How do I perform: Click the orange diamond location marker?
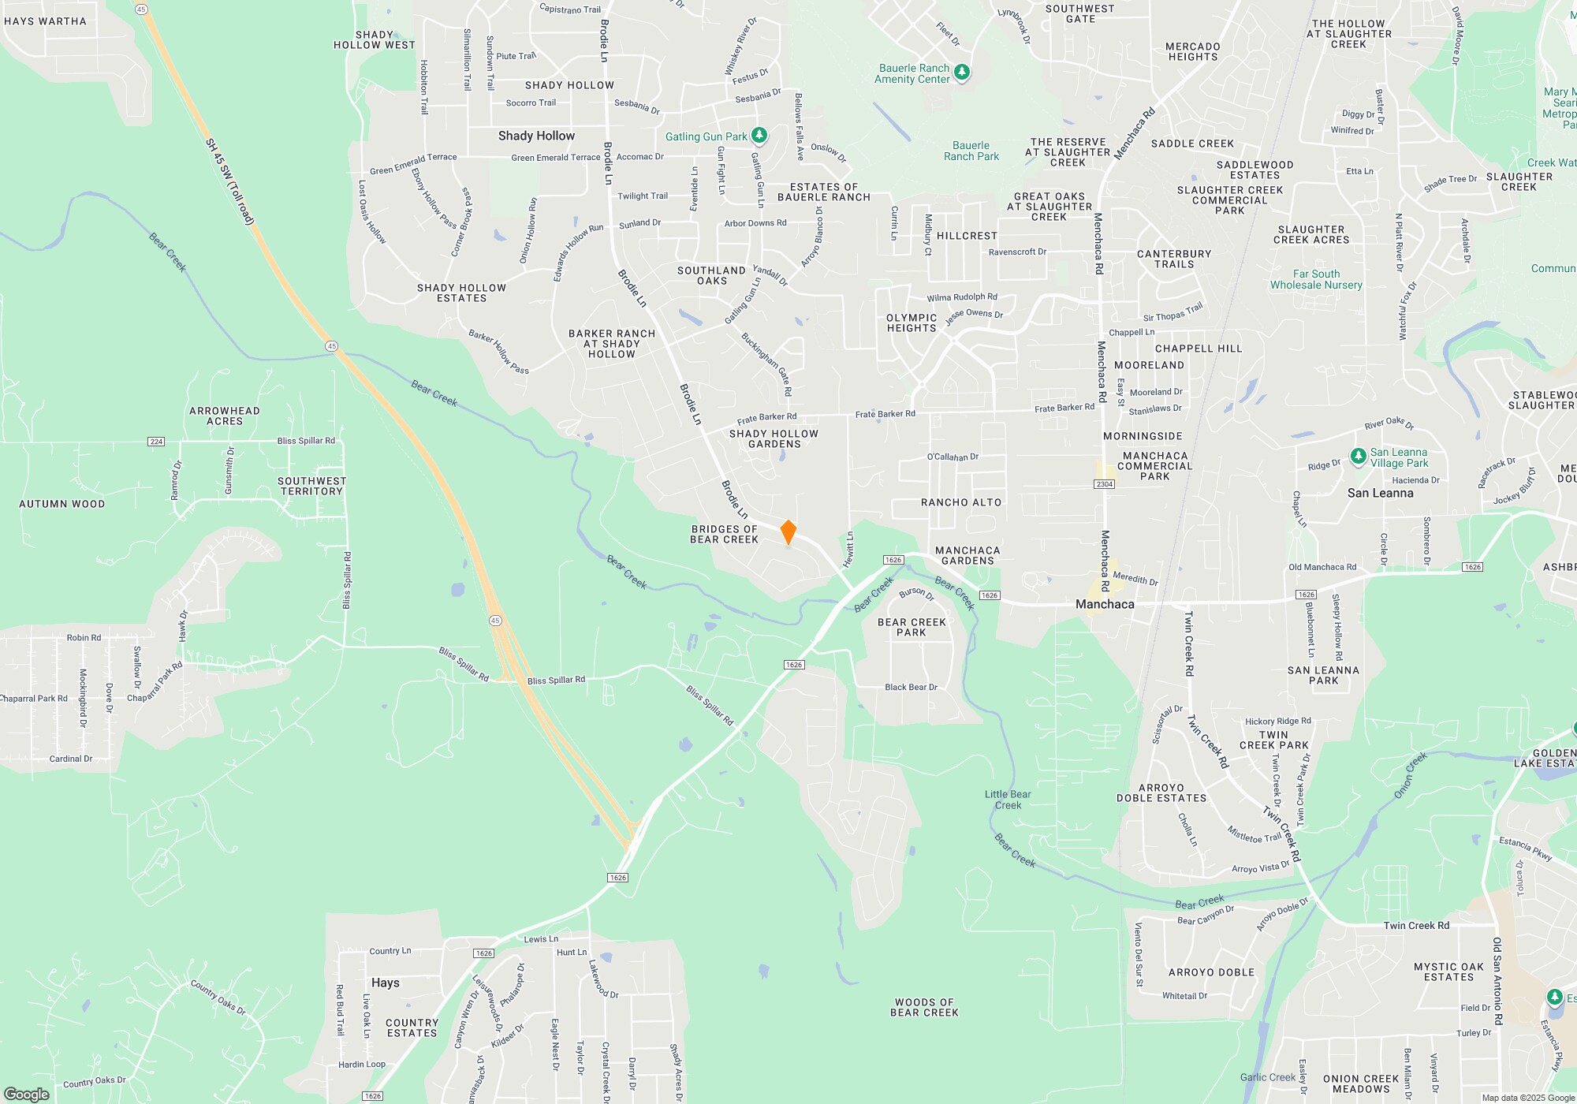[788, 532]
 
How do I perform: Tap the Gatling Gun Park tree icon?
[759, 136]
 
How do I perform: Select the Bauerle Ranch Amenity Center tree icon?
[961, 73]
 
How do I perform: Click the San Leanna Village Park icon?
[1358, 457]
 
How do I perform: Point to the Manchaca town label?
[1105, 604]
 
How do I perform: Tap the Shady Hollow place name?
[536, 136]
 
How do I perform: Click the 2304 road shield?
[1104, 483]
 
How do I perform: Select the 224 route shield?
[156, 442]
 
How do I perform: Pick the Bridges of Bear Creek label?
[724, 535]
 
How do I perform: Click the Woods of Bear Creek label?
[924, 1007]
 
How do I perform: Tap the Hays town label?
[385, 983]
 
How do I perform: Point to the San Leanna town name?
[1380, 493]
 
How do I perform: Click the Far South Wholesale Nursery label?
[1316, 279]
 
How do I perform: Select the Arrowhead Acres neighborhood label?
[224, 416]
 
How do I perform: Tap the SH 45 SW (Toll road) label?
[229, 181]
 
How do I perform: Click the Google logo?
[27, 1094]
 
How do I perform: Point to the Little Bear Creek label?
[1008, 800]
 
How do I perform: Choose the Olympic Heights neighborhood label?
[912, 323]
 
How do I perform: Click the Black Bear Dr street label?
[911, 687]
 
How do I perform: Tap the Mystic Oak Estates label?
[1448, 972]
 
